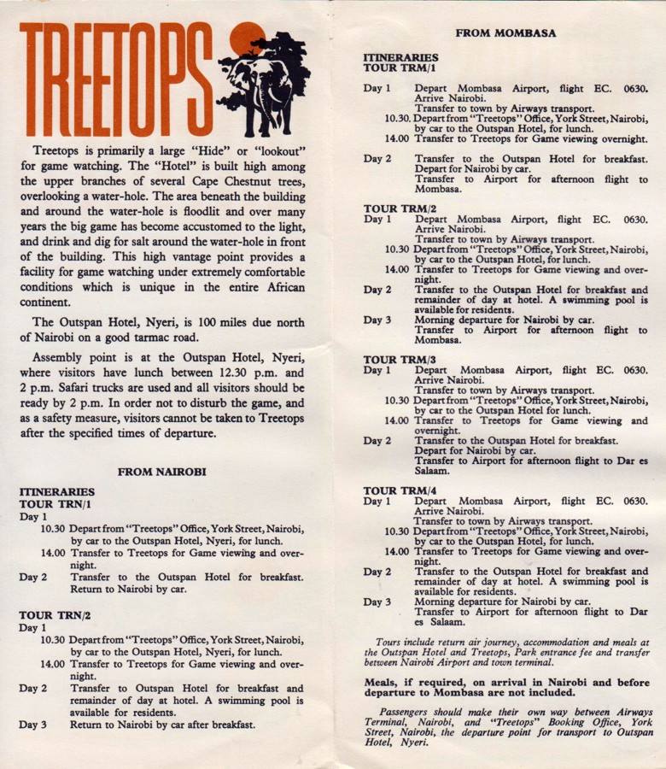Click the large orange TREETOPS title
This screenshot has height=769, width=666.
click(x=115, y=79)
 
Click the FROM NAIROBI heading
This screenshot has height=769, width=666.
click(x=161, y=471)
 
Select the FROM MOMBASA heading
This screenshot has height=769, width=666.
click(x=505, y=33)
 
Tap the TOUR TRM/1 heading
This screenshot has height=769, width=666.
click(x=400, y=68)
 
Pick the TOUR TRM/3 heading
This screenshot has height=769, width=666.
click(x=400, y=360)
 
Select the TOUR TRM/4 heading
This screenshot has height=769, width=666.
click(x=400, y=490)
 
